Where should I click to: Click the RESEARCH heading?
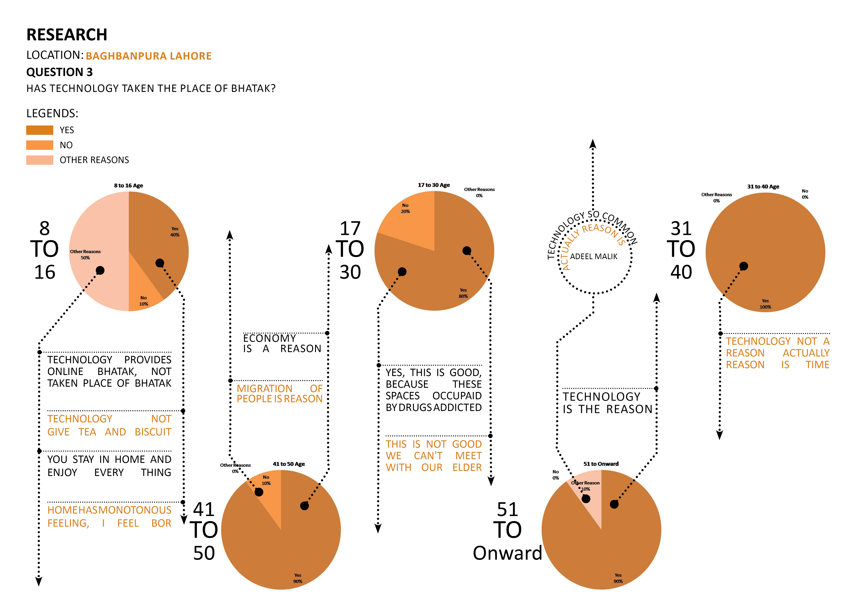(x=67, y=35)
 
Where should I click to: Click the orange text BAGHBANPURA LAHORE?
(x=149, y=56)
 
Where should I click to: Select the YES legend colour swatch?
(x=40, y=130)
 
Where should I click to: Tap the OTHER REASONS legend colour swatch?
(x=40, y=160)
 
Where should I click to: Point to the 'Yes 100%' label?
(x=765, y=304)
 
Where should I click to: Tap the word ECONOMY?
(x=269, y=338)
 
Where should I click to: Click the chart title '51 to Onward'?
(x=601, y=464)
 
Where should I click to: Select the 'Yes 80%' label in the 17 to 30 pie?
(x=463, y=293)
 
